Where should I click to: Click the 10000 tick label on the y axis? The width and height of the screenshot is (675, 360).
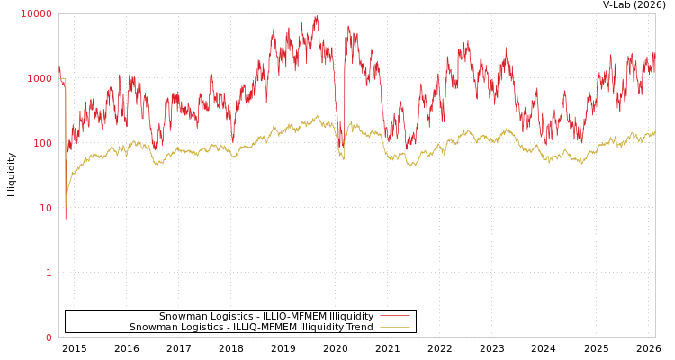[x=37, y=13]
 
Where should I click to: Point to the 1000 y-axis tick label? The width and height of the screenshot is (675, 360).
[x=40, y=78]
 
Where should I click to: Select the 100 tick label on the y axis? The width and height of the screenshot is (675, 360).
[x=42, y=143]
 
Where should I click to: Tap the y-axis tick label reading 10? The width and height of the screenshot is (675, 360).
[x=45, y=208]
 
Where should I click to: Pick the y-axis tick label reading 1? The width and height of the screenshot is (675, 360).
[x=49, y=273]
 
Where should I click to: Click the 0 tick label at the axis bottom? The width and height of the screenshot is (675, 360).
[x=49, y=337]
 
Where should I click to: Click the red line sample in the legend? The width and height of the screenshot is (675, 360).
[x=394, y=316]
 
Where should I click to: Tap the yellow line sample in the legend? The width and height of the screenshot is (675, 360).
[x=394, y=328]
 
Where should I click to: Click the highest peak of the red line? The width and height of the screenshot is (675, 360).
[x=316, y=16]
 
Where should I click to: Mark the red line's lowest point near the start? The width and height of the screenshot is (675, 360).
[x=65, y=219]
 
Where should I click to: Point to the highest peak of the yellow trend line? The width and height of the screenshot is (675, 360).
[x=317, y=115]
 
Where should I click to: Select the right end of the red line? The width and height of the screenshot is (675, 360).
[x=654, y=56]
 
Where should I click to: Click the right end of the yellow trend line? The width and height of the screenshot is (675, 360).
[x=654, y=132]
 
